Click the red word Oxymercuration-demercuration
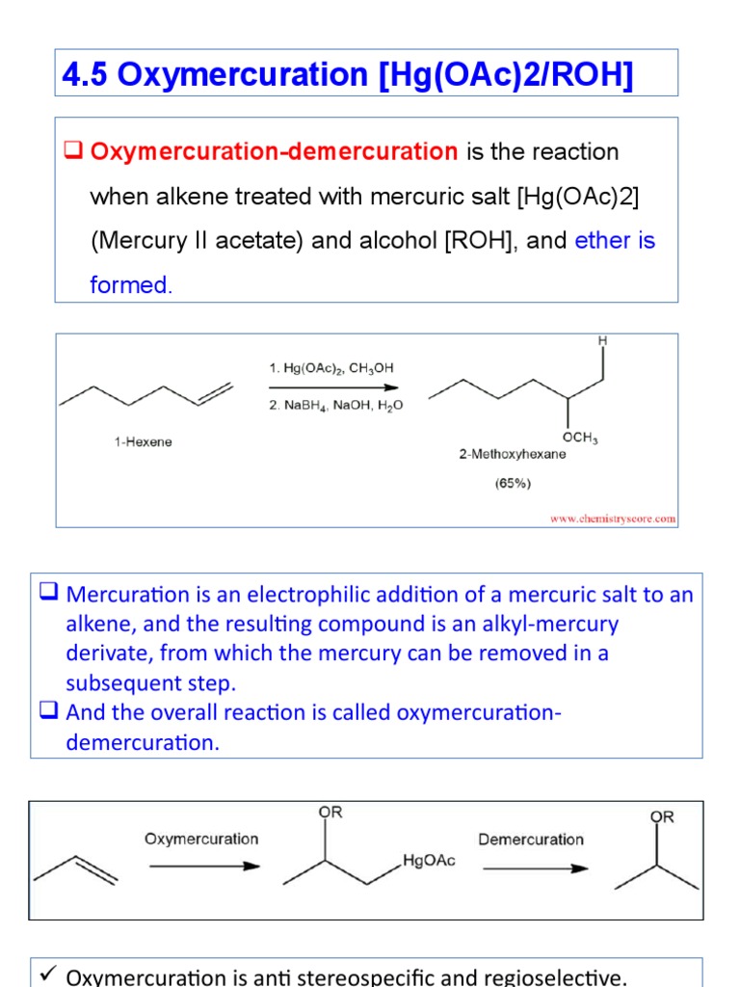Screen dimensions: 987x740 274,151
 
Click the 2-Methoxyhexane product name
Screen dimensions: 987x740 512,455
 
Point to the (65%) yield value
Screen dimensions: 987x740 513,484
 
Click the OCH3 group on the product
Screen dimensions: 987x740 580,439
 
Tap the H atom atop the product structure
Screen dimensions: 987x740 602,341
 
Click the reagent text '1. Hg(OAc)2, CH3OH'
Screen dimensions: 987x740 330,367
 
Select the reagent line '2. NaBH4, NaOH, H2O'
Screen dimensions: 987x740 335,406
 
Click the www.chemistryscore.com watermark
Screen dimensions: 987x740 613,518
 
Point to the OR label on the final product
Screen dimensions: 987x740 662,816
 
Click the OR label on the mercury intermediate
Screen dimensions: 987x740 330,812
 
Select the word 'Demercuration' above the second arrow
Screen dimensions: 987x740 531,839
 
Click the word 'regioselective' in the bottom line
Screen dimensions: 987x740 553,977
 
